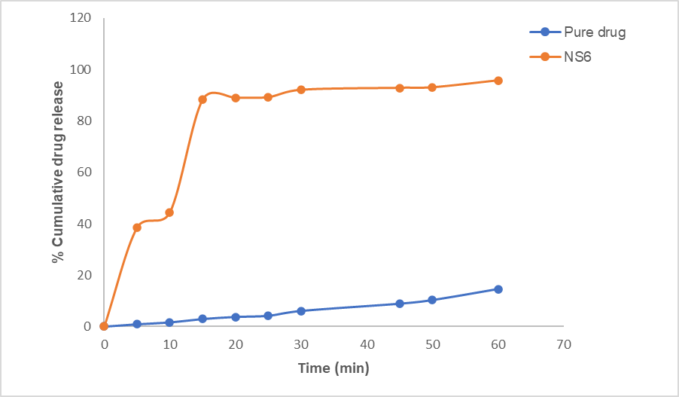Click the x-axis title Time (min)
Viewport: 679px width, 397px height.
[333, 368]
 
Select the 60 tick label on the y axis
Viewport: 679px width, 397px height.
[84, 173]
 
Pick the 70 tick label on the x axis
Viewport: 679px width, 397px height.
[563, 344]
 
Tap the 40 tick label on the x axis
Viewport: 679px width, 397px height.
[367, 344]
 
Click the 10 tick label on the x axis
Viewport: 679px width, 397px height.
[170, 344]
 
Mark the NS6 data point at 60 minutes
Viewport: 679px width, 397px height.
[498, 81]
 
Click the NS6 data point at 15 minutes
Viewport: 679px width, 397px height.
[202, 99]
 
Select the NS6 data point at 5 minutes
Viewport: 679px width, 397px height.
[137, 228]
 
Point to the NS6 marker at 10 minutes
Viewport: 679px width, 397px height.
[169, 212]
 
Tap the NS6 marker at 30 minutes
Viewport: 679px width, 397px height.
[301, 90]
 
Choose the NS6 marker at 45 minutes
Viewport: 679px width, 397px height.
[400, 88]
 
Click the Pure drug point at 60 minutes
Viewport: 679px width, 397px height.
[498, 289]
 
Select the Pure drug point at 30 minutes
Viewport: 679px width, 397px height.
[301, 311]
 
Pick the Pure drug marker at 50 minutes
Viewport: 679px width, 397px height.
[432, 300]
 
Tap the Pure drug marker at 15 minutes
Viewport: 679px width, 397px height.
[202, 319]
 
